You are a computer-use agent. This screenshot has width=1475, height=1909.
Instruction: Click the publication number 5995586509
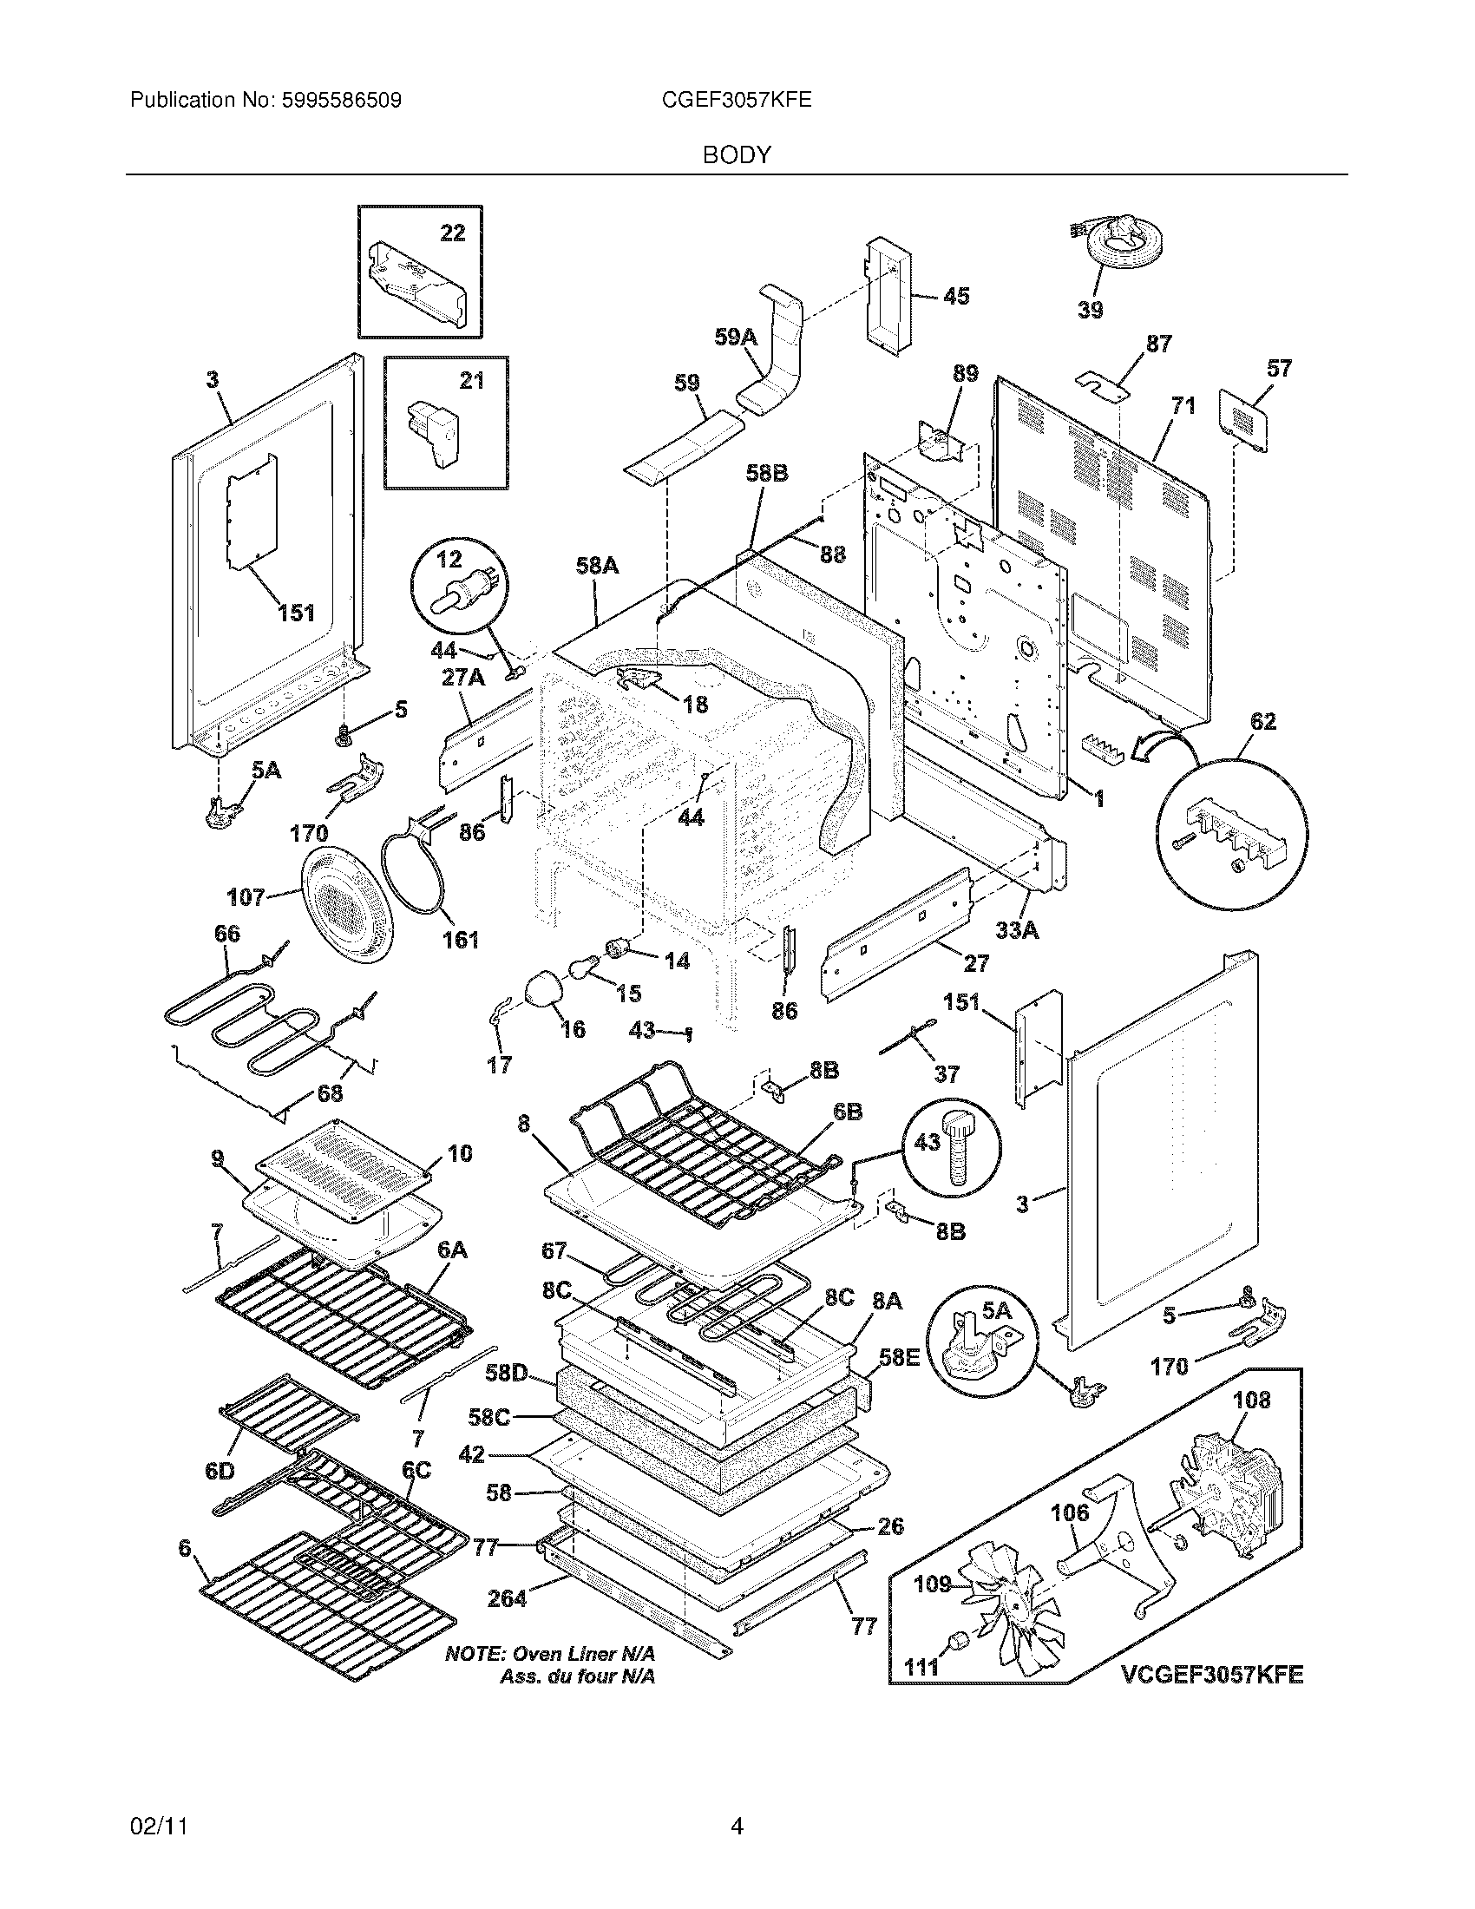click(342, 101)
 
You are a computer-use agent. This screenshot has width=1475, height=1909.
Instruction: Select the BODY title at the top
click(737, 155)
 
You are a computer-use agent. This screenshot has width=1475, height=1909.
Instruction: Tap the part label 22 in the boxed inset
click(452, 233)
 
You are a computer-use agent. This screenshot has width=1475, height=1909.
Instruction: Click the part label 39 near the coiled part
click(1090, 310)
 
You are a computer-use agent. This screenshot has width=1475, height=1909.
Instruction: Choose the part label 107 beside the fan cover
click(246, 897)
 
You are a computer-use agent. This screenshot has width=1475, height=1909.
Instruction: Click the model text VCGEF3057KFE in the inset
click(1212, 1675)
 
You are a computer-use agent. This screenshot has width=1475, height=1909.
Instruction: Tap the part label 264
click(507, 1597)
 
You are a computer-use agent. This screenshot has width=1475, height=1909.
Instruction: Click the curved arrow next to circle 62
click(1161, 745)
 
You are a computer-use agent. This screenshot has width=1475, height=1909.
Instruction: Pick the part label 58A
click(597, 566)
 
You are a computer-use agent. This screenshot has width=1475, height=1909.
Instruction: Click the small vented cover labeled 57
click(1245, 426)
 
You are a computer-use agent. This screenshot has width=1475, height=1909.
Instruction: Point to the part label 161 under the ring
click(460, 940)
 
